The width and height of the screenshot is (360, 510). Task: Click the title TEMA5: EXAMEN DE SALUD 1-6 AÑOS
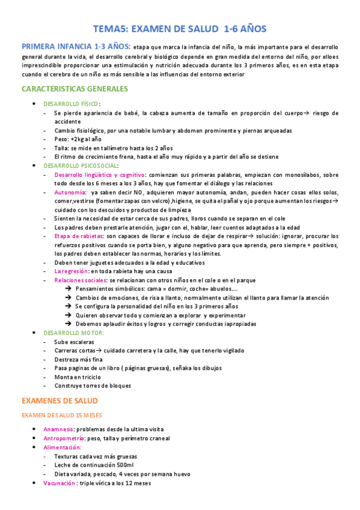[x=180, y=28]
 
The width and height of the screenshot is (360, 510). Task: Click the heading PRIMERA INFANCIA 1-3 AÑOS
[x=75, y=46]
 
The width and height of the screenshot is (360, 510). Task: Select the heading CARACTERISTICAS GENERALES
[x=75, y=89]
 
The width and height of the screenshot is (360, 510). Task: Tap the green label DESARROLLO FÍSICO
[x=72, y=104]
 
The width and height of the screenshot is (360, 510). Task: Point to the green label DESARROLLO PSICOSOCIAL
[x=81, y=165]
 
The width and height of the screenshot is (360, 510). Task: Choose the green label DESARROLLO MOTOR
[x=73, y=333]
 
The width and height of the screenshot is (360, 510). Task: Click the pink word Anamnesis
[x=58, y=429]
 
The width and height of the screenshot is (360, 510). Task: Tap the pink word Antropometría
[x=64, y=438]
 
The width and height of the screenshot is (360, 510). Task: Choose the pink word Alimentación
[x=62, y=447]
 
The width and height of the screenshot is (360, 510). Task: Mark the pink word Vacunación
[x=59, y=483]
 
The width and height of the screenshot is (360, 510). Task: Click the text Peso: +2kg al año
[x=79, y=139]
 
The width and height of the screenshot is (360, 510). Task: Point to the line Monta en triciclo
[x=78, y=377]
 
